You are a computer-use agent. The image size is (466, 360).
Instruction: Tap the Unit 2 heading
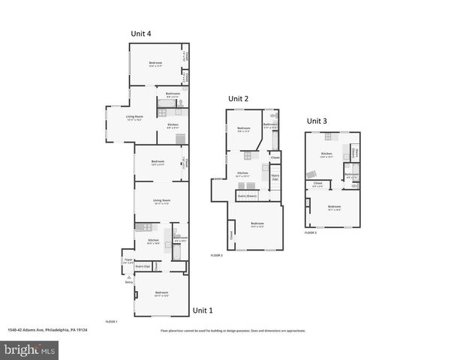pos(238,99)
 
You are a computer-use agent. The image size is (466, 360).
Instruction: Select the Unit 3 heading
pos(317,121)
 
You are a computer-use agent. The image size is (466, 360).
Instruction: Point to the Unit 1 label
pos(203,310)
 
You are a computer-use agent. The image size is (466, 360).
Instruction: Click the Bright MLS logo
pos(30,349)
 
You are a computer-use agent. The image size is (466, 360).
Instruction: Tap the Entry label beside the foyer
pos(129,282)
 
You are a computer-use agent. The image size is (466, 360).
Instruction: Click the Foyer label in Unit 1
pos(128,260)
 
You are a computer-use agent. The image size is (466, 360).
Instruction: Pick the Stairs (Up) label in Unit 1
pos(142,265)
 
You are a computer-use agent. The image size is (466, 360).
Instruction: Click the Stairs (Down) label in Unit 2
pos(247,195)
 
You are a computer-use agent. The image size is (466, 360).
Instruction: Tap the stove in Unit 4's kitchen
pos(161,112)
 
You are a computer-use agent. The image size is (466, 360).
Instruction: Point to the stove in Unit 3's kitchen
pos(327,136)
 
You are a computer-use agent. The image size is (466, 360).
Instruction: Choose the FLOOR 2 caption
pos(217,256)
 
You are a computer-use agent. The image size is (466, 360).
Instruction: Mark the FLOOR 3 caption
pos(311,233)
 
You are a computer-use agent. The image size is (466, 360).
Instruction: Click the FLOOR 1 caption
pos(111,321)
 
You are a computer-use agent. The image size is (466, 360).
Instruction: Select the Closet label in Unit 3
pos(317,183)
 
